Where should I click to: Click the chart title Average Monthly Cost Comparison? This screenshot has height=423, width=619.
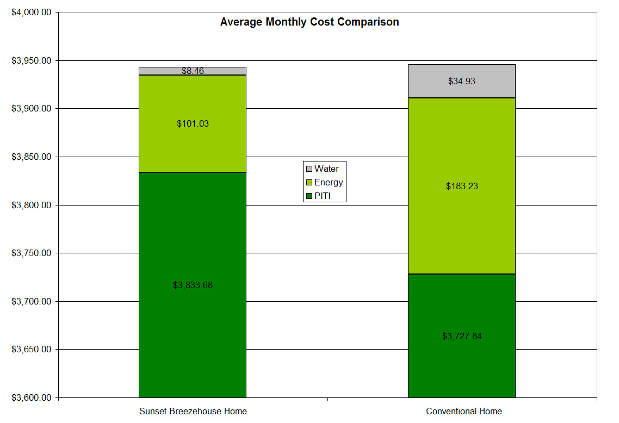[x=309, y=22]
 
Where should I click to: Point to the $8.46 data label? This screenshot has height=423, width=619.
[x=193, y=71]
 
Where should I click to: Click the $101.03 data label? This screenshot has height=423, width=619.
[x=193, y=124]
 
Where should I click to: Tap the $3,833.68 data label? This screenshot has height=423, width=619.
[x=193, y=285]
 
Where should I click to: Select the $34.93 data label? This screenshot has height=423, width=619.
[x=461, y=82]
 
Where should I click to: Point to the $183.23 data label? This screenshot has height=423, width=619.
[x=461, y=186]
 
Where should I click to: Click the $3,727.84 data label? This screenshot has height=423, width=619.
[x=461, y=336]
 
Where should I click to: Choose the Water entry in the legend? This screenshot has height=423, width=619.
[x=326, y=169]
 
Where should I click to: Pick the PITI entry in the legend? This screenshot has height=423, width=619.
[x=322, y=196]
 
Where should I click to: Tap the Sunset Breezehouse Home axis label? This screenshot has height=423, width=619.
[x=193, y=411]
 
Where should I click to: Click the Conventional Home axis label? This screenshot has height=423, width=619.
[x=463, y=411]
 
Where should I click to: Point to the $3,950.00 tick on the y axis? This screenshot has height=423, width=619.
[x=32, y=60]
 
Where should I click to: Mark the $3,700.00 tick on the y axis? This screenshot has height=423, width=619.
[x=32, y=301]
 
